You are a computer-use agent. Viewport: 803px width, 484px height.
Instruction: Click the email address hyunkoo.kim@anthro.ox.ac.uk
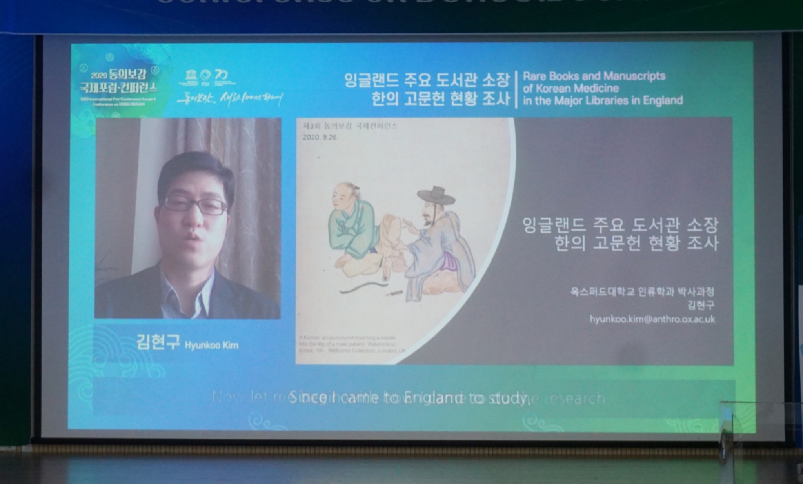652,319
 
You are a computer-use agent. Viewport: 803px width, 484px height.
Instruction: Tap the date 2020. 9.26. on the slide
320,138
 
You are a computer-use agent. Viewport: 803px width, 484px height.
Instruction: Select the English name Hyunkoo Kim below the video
211,346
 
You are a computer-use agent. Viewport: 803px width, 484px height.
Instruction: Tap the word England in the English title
663,101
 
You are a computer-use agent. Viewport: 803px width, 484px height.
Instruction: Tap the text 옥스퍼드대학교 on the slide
602,292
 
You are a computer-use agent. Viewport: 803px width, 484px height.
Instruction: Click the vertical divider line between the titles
516,89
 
